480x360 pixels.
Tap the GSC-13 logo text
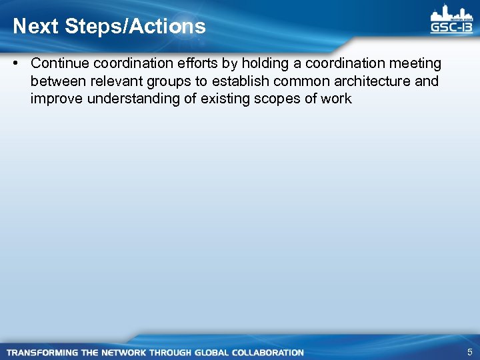pyautogui.click(x=452, y=28)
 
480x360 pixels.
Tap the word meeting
pyautogui.click(x=417, y=63)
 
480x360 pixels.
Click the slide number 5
pyautogui.click(x=470, y=352)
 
